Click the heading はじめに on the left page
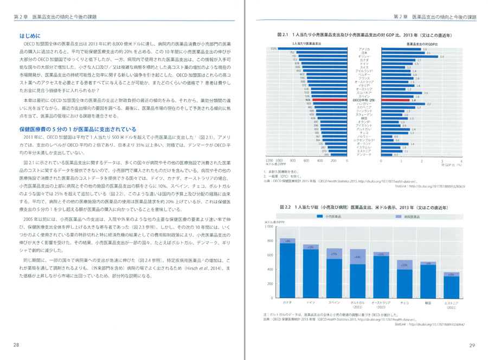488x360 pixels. tap(27, 35)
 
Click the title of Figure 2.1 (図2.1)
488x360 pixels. tap(368, 35)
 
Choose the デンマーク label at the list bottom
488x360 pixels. tap(364, 155)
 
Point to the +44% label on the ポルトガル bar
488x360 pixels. tap(357, 257)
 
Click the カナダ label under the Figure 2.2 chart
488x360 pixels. tap(287, 303)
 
